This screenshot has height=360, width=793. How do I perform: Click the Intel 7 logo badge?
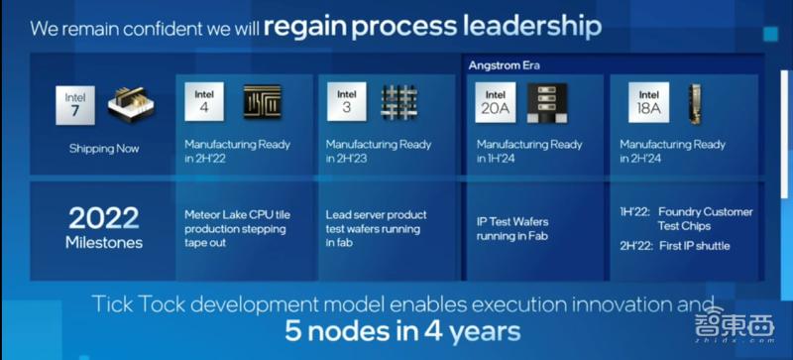coord(75,105)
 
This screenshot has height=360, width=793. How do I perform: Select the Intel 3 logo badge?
coord(346,101)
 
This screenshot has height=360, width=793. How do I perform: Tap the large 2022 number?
coord(103,218)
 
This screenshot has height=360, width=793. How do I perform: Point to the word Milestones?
coord(103,242)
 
